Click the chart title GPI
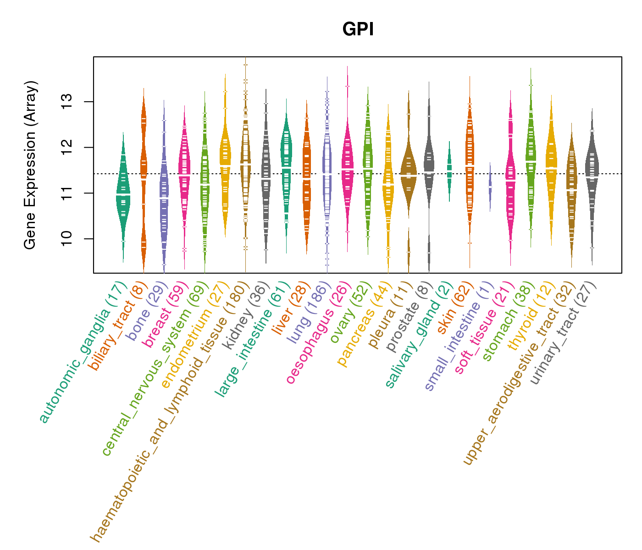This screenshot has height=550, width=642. click(358, 30)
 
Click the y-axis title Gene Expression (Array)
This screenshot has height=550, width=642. click(30, 165)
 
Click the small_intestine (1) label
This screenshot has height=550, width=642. click(459, 337)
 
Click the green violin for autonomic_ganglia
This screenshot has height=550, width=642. click(123, 195)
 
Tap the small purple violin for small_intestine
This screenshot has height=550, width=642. click(490, 187)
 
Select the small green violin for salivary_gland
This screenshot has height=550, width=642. click(449, 170)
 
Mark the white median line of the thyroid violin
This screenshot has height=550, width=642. click(551, 168)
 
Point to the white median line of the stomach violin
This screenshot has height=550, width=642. click(531, 161)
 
